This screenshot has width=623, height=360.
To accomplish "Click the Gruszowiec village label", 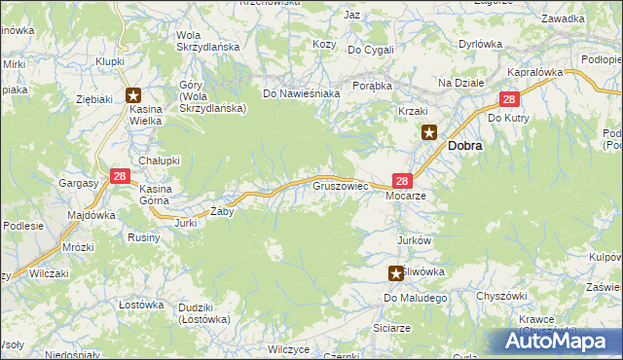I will [339, 183].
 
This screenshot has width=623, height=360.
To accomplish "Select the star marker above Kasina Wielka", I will [133, 95].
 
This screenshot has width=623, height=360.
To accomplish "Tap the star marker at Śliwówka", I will [395, 273].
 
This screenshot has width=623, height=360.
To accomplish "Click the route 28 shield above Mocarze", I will [402, 180].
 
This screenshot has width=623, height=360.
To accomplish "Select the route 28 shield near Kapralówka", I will [509, 99].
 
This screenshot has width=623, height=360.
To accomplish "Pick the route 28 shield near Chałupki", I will [119, 176].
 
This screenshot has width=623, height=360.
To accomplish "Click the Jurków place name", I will [414, 239].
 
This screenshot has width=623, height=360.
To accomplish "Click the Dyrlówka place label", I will [480, 44].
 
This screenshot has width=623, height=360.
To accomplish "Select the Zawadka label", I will [564, 18].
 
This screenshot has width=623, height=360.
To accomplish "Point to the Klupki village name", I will [110, 60].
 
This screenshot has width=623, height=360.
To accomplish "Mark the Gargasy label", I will [78, 182].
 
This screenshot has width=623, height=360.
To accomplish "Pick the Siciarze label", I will [391, 328].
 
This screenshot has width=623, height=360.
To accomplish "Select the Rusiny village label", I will [144, 236].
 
